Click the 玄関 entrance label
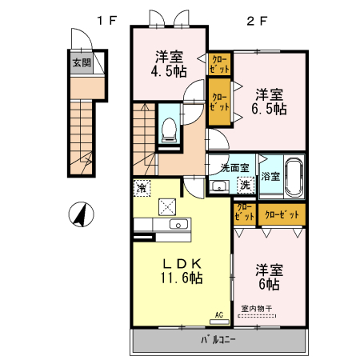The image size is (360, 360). pyautogui.click(x=81, y=63)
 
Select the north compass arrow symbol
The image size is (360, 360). pyautogui.click(x=79, y=214)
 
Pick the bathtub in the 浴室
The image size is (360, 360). pyautogui.click(x=294, y=176)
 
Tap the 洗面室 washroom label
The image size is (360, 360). pyautogui.click(x=234, y=168)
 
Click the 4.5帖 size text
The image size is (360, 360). pyautogui.click(x=170, y=71)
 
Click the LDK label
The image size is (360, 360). pyautogui.click(x=182, y=263)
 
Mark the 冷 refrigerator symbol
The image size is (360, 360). pyautogui.click(x=141, y=190)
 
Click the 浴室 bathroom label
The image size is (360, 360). pyautogui.click(x=270, y=176)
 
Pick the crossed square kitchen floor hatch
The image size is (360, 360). pyautogui.click(x=168, y=206)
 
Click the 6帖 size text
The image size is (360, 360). pyautogui.click(x=268, y=278)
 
